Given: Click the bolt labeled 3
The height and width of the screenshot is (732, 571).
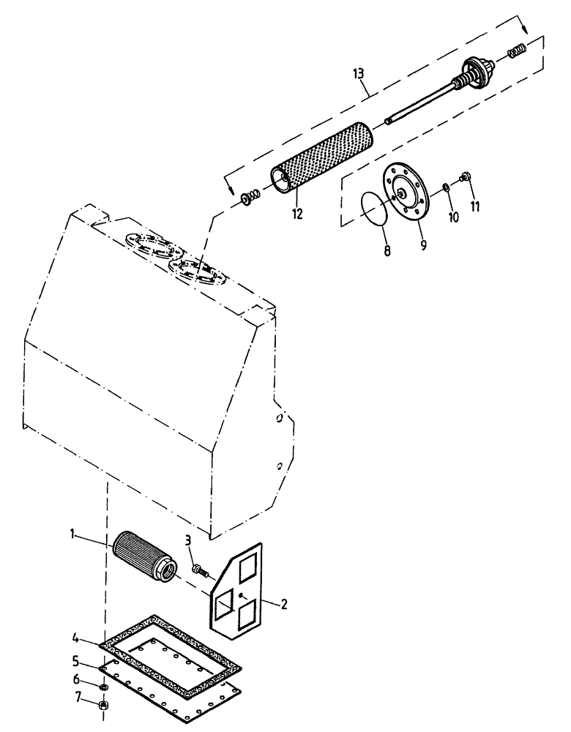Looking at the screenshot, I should tap(197, 567).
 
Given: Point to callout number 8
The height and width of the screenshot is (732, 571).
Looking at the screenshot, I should tap(387, 250).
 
